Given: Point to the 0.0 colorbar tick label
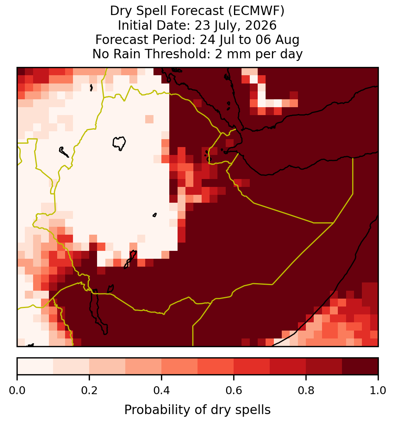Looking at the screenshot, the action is [17, 391].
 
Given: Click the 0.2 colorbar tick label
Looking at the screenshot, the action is [89, 391].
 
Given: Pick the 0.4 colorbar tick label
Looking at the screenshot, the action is [161, 391].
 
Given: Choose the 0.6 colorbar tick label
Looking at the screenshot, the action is [234, 391].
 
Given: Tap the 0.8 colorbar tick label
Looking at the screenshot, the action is [306, 391].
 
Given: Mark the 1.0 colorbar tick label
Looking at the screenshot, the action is [378, 391].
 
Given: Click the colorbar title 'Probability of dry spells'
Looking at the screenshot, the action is [197, 410].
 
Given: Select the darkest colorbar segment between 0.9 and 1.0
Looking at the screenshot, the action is [360, 366].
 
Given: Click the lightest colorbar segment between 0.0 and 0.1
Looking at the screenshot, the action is [35, 366].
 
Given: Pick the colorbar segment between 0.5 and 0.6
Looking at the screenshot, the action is [216, 366].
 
